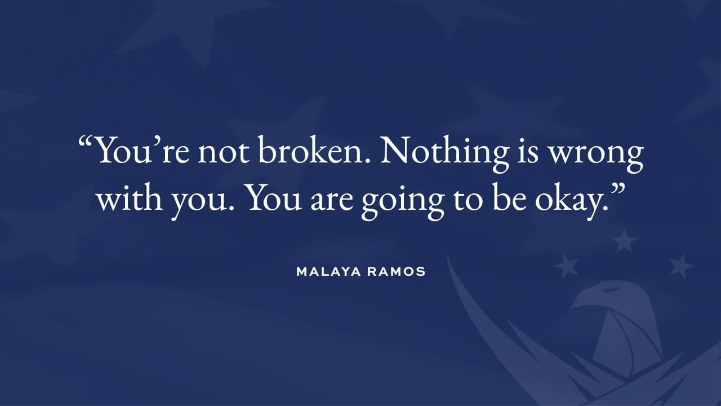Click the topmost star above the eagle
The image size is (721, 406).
click(x=624, y=241)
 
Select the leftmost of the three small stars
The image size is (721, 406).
click(x=567, y=266)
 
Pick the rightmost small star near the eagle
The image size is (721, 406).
click(x=681, y=266)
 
